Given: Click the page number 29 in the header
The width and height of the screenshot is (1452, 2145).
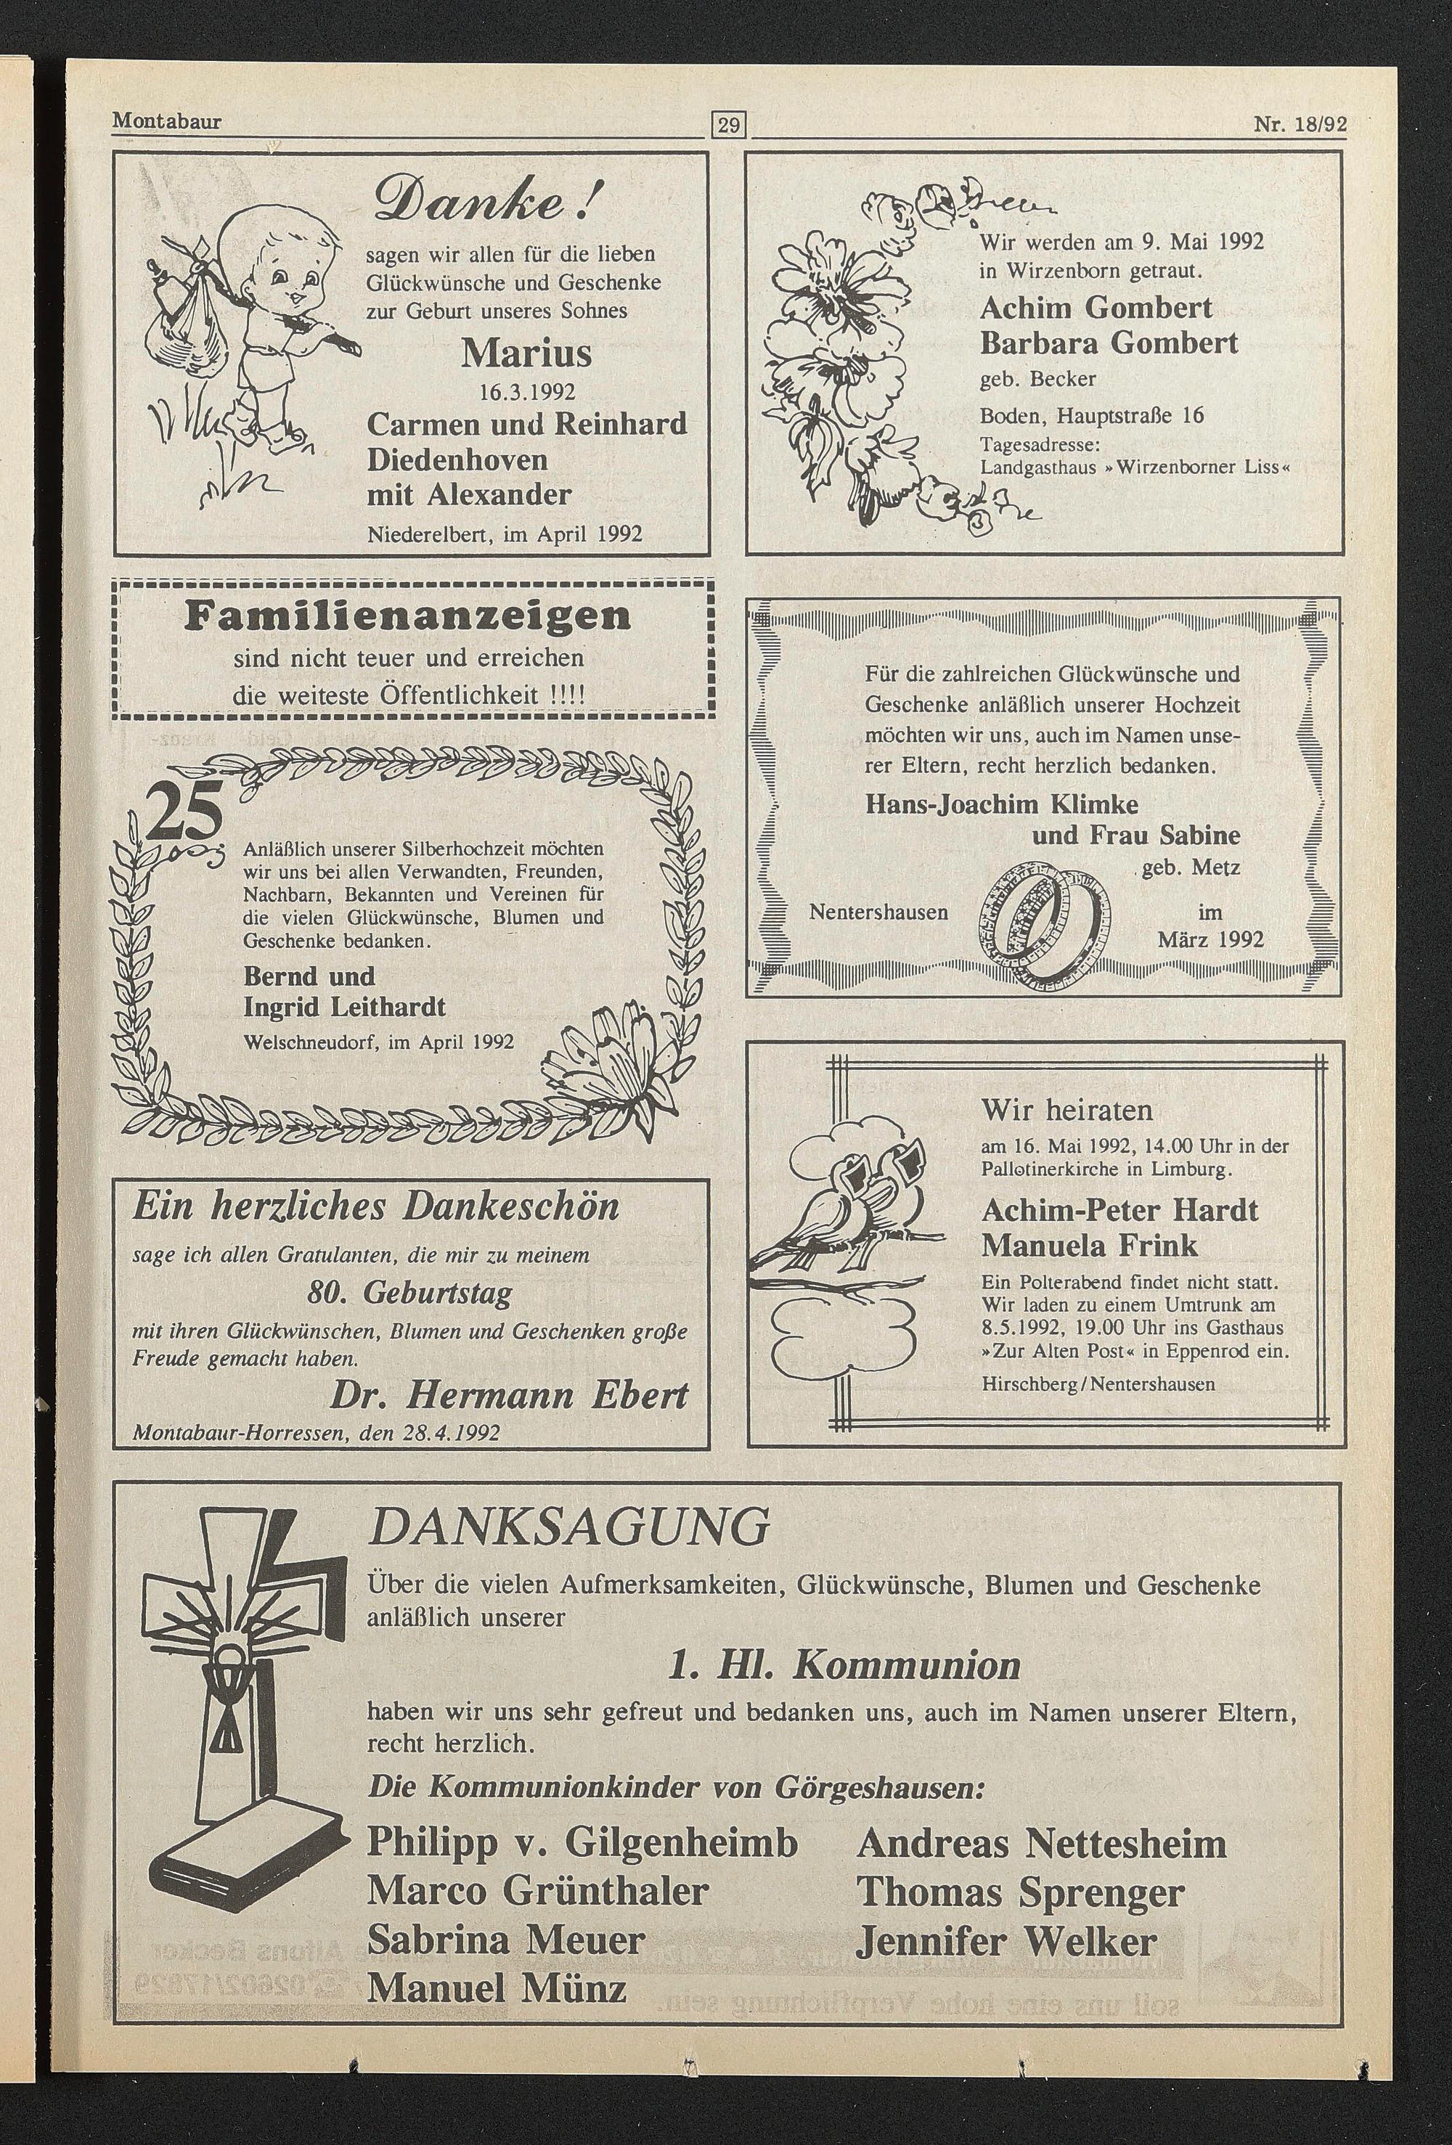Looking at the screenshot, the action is tap(728, 123).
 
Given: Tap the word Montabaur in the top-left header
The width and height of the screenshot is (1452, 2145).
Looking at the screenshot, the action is tap(166, 121).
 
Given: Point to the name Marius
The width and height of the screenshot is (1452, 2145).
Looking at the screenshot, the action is tap(526, 354).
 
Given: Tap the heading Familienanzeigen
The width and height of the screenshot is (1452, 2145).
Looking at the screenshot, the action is tap(407, 616).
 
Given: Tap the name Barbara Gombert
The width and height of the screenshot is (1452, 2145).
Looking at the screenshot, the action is tap(1109, 343).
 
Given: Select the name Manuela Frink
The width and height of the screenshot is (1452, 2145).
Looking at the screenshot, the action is tap(1089, 1245).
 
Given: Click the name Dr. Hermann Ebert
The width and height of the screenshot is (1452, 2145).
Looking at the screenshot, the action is tap(509, 1396).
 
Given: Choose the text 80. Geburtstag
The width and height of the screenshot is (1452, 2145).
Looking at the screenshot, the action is tap(409, 1293).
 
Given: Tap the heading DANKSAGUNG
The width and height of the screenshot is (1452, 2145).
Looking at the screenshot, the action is tap(568, 1527).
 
